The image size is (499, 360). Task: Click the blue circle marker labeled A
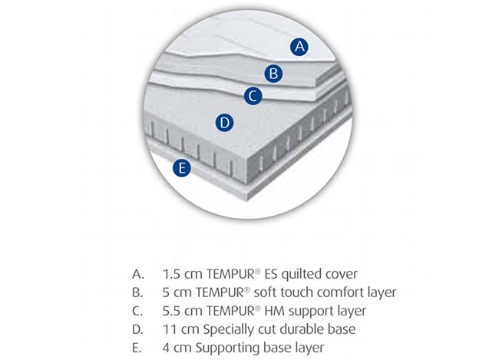click(299, 47)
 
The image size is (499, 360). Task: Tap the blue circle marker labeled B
click(273, 74)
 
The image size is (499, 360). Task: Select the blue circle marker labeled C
click(253, 96)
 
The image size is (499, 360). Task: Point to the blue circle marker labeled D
click(224, 123)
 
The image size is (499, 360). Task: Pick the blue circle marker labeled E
click(182, 168)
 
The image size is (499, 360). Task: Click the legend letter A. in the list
click(138, 274)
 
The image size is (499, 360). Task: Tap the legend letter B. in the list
click(137, 292)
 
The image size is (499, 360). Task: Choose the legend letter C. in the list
click(137, 311)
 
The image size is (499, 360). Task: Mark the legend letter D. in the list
click(138, 329)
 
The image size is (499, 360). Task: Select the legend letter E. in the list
click(137, 348)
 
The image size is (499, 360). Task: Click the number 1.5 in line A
click(171, 274)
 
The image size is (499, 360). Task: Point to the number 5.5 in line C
click(171, 311)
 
